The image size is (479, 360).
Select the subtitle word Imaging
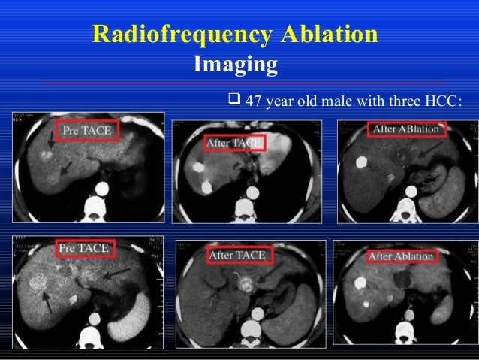tap(235, 65)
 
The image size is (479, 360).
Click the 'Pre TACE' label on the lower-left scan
tap(83, 247)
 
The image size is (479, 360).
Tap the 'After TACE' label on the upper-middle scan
tap(232, 143)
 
